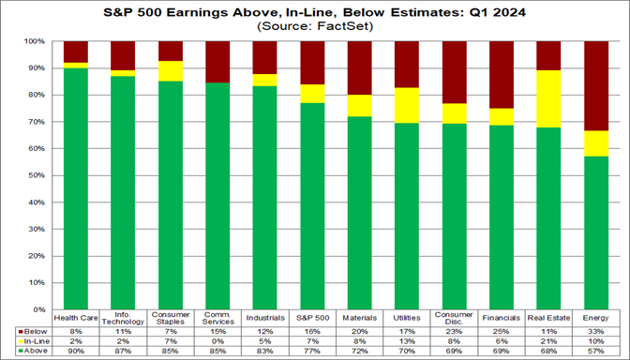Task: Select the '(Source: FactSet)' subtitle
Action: click(x=315, y=27)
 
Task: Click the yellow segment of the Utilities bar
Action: click(x=406, y=105)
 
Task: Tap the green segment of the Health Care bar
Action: click(x=76, y=188)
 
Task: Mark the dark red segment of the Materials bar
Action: click(x=359, y=68)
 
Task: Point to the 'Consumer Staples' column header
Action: click(x=171, y=319)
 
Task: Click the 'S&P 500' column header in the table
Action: click(x=312, y=319)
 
